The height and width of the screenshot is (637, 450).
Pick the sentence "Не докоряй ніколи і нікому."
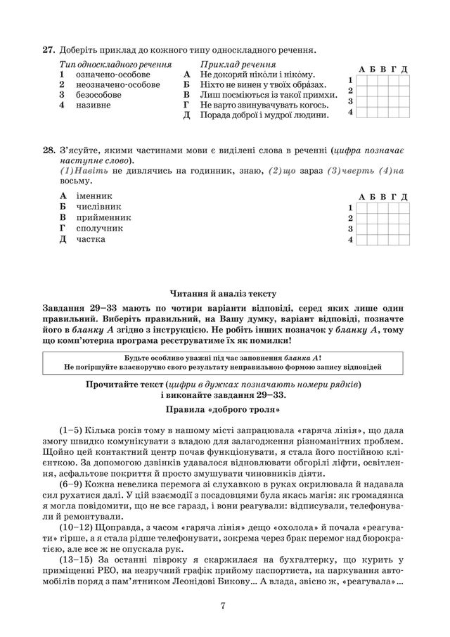point(257,74)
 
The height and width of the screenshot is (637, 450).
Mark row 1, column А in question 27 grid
point(361,80)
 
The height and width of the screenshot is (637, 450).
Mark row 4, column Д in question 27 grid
point(404,112)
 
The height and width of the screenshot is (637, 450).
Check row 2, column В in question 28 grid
point(382,219)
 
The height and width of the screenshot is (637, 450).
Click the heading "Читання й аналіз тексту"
point(224,293)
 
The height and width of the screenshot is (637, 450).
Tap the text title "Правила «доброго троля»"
point(224,408)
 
